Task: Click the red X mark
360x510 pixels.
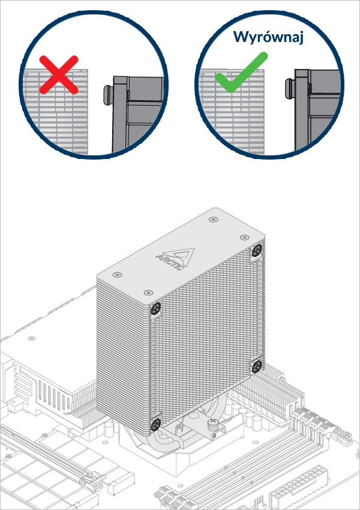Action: coord(58,75)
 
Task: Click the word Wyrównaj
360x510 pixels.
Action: coord(269,37)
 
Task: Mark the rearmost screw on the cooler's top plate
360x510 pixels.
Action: coord(214,220)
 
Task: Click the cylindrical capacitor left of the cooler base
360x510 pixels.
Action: coord(108,431)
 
